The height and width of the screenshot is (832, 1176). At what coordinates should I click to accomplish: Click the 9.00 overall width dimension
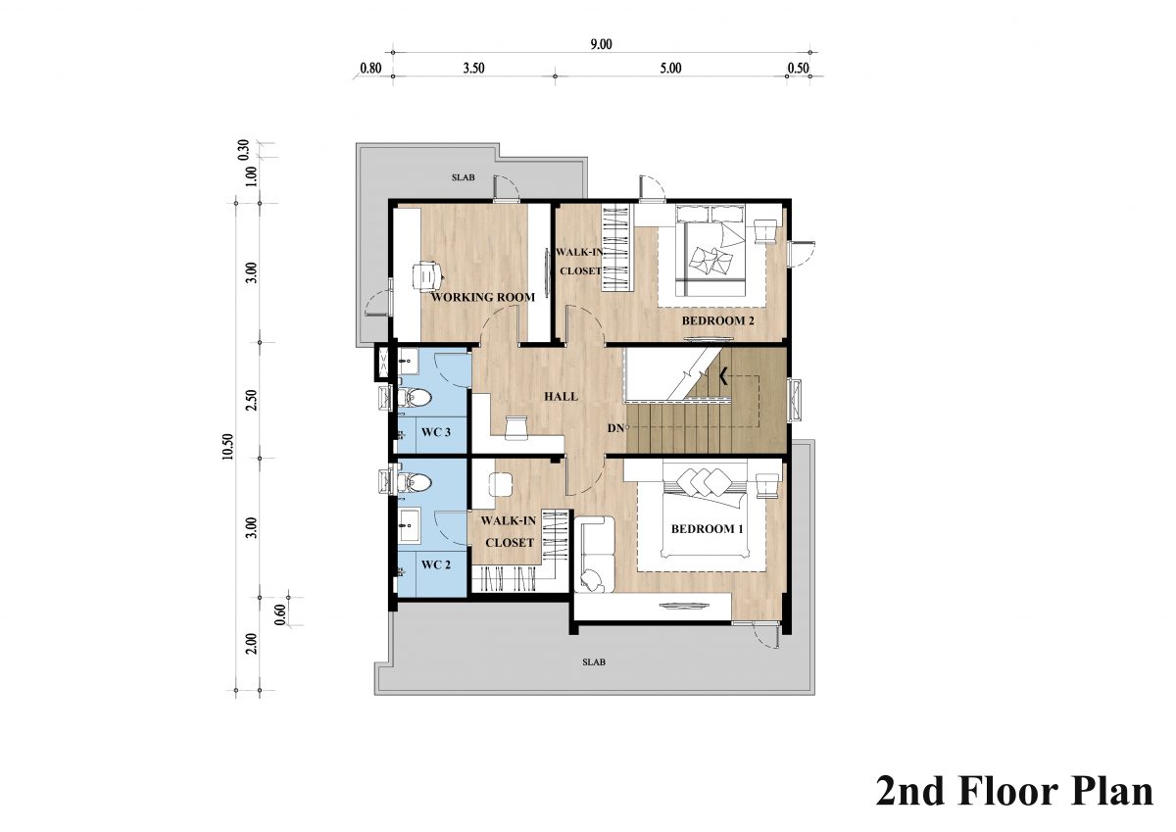click(601, 45)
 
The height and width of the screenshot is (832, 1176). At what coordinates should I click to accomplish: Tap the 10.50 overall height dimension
click(227, 447)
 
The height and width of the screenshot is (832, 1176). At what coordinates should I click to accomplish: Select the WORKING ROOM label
click(483, 297)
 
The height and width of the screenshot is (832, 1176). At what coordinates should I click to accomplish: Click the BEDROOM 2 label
click(717, 320)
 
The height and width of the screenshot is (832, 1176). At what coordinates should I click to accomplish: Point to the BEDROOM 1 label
click(708, 528)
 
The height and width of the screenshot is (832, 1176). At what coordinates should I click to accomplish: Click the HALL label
click(562, 396)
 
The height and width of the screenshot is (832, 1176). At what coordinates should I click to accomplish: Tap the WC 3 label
click(436, 432)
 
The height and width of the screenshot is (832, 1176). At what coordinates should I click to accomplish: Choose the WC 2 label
click(436, 564)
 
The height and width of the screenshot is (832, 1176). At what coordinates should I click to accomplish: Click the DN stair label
click(615, 428)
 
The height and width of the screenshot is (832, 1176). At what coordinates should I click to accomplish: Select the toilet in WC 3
click(415, 398)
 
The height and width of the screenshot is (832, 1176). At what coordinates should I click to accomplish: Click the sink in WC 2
click(409, 525)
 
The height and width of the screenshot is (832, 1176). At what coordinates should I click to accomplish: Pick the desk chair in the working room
click(427, 275)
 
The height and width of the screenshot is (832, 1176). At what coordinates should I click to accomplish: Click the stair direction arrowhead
click(723, 376)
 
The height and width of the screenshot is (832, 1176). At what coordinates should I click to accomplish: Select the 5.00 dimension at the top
click(670, 69)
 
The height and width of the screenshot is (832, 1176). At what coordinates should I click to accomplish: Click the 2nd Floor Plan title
click(1015, 791)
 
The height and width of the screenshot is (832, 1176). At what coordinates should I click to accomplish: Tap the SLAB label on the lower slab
click(594, 662)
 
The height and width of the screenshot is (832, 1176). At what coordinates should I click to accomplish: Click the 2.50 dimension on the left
click(253, 400)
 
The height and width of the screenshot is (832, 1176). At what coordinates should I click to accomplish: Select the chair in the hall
click(515, 427)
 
